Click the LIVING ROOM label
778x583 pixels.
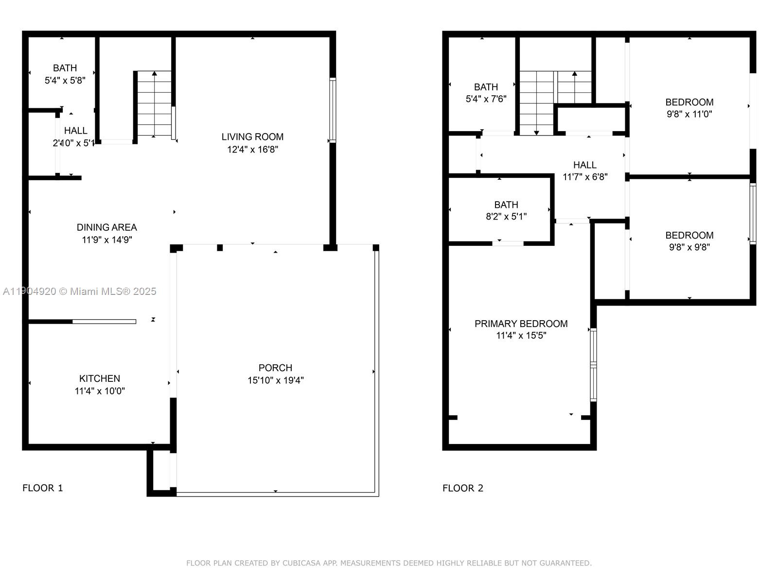click(x=252, y=137)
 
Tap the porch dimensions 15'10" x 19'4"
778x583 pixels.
click(x=275, y=380)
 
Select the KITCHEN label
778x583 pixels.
click(x=100, y=378)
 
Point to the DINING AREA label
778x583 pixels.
click(x=106, y=227)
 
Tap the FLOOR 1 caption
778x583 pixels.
click(x=43, y=488)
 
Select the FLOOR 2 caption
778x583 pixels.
click(x=463, y=488)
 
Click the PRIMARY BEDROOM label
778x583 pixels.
click(x=521, y=324)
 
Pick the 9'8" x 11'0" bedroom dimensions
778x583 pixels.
click(x=689, y=114)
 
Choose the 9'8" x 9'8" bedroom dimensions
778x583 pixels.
click(x=689, y=247)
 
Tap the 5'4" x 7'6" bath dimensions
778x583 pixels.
click(x=486, y=99)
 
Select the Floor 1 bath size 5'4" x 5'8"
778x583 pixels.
click(x=65, y=81)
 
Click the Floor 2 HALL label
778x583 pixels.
click(x=584, y=165)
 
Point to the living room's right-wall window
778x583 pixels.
click(x=333, y=110)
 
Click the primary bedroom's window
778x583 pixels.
click(x=593, y=364)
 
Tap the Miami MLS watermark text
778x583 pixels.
click(x=79, y=291)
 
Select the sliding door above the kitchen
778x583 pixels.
click(x=104, y=322)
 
